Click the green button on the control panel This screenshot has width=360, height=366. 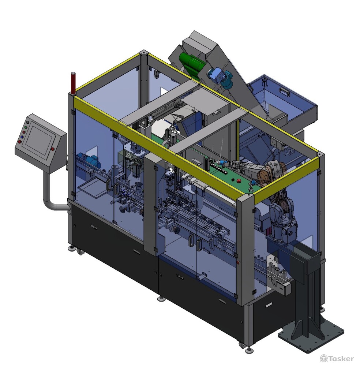coord(26,127)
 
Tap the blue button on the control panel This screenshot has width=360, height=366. coord(22,137)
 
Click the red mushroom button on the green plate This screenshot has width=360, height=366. coord(239,181)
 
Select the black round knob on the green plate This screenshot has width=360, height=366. coord(232,179)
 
